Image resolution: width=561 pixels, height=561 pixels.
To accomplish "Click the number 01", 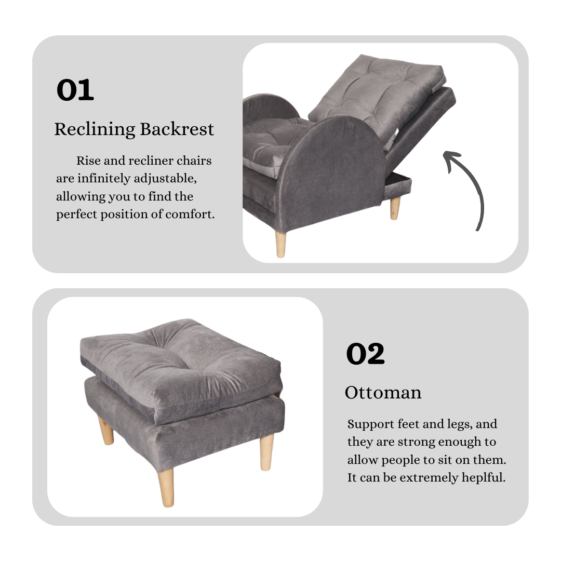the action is click(75, 90).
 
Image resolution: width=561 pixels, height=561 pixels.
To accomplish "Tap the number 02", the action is click(365, 354).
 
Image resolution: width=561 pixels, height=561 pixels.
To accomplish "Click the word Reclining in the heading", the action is click(95, 129).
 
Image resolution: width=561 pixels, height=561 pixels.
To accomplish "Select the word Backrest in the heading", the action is click(177, 129).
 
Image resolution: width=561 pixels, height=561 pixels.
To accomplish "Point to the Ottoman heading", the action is click(383, 393).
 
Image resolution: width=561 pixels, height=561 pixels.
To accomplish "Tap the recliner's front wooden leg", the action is click(280, 244).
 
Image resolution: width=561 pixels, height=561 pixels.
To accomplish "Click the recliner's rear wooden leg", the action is click(395, 208).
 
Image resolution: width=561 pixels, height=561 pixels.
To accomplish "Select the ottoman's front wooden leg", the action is click(166, 487).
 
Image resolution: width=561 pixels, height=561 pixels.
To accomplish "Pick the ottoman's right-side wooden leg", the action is click(266, 452).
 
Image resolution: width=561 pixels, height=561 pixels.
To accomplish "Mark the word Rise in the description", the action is click(88, 161).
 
